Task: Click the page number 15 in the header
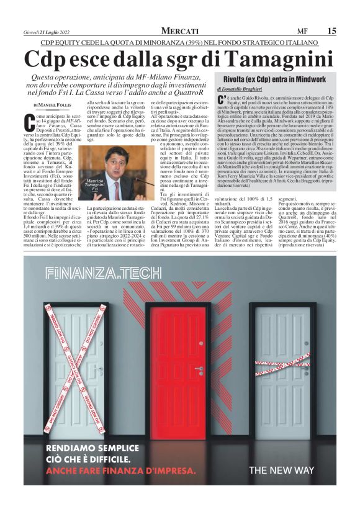pyautogui.click(x=332, y=31)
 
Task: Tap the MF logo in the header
pyautogui.click(x=302, y=31)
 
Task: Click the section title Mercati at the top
pyautogui.click(x=180, y=31)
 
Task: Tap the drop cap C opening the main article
pyautogui.click(x=29, y=121)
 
